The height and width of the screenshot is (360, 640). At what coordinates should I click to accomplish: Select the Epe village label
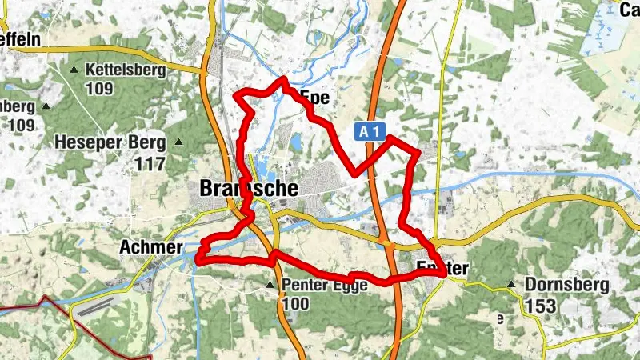314,98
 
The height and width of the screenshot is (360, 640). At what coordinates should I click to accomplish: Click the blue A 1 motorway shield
367,131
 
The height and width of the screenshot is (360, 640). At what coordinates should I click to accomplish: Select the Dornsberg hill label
566,285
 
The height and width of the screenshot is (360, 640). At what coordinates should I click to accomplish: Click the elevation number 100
295,304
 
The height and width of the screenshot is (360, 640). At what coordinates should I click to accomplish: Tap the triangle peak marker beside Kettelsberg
75,70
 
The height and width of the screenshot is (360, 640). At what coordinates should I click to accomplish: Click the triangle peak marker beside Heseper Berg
179,143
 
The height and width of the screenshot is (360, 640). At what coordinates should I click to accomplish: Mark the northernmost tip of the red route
282,78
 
